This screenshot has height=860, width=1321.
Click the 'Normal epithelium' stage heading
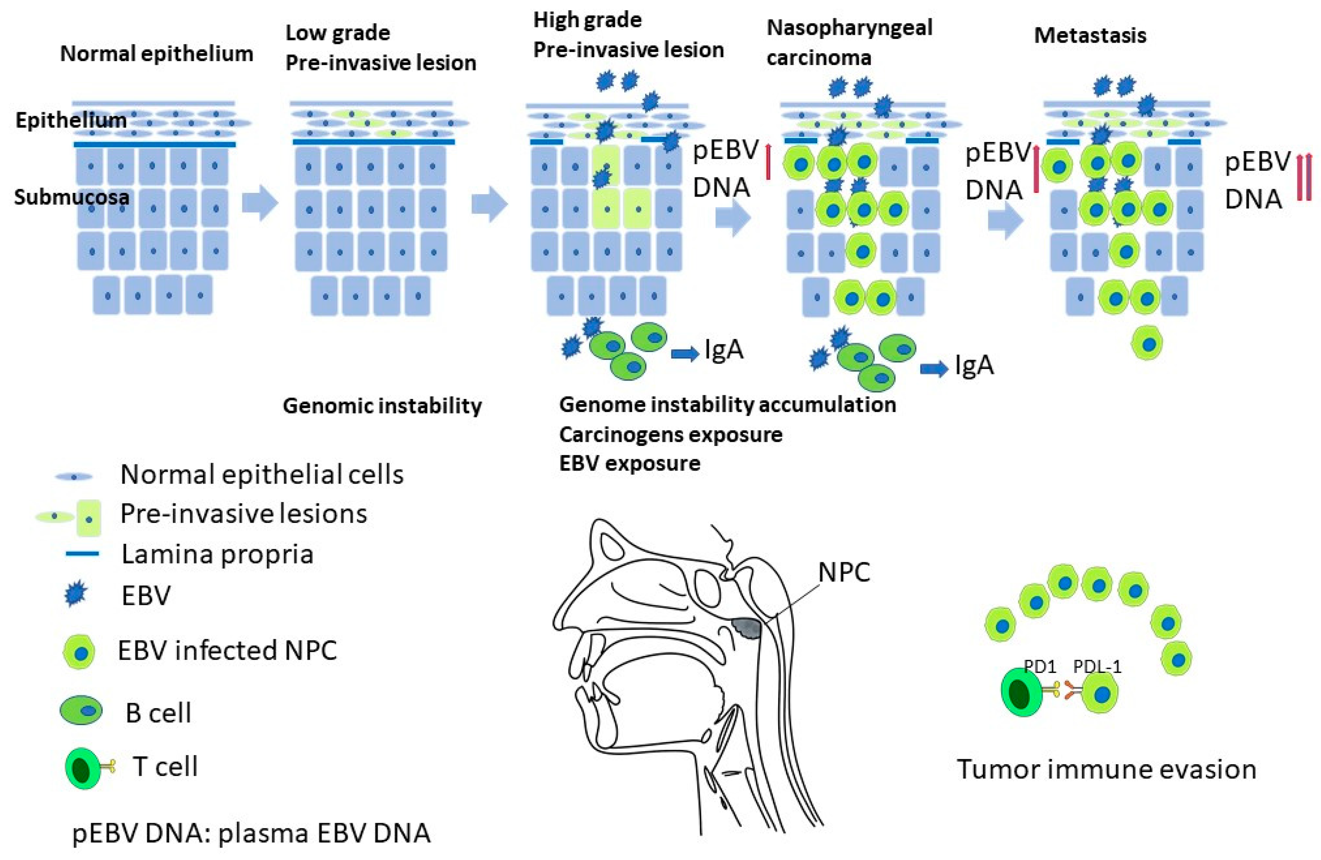coord(156,54)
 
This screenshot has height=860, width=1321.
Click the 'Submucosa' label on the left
coord(72,197)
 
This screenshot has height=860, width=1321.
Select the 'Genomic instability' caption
coord(382,406)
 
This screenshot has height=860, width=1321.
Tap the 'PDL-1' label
coord(1097,666)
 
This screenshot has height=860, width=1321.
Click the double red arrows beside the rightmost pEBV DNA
coord(1304,177)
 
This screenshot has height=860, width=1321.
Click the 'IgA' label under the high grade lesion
coord(724,350)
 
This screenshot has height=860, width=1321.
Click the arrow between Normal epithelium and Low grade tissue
coord(260,203)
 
